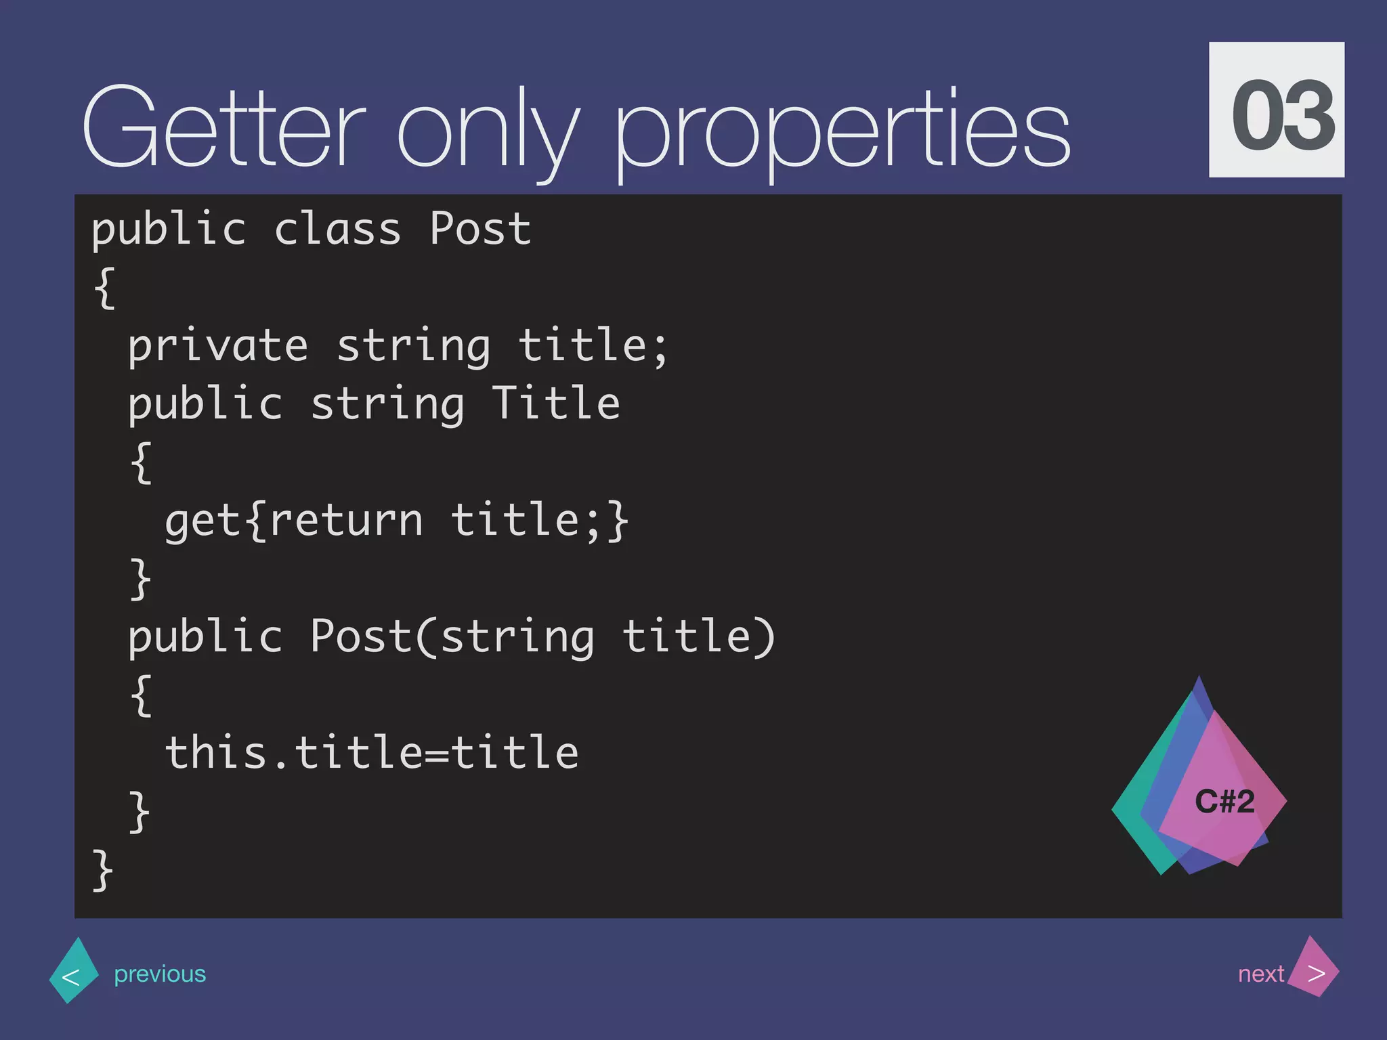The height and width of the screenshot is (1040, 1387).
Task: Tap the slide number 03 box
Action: click(1276, 110)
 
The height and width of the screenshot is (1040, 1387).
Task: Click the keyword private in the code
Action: click(218, 347)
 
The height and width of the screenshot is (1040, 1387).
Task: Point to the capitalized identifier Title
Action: click(555, 404)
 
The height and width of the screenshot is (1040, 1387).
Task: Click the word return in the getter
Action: click(346, 521)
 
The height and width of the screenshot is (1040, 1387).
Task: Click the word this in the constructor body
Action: click(216, 752)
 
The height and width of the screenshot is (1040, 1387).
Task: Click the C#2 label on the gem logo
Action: click(1224, 802)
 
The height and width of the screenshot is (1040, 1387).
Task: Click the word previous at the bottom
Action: click(160, 974)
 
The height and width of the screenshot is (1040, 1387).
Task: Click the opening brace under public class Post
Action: click(105, 288)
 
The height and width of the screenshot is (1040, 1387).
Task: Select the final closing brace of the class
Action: click(103, 870)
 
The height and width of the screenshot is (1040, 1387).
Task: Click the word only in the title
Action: click(488, 132)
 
